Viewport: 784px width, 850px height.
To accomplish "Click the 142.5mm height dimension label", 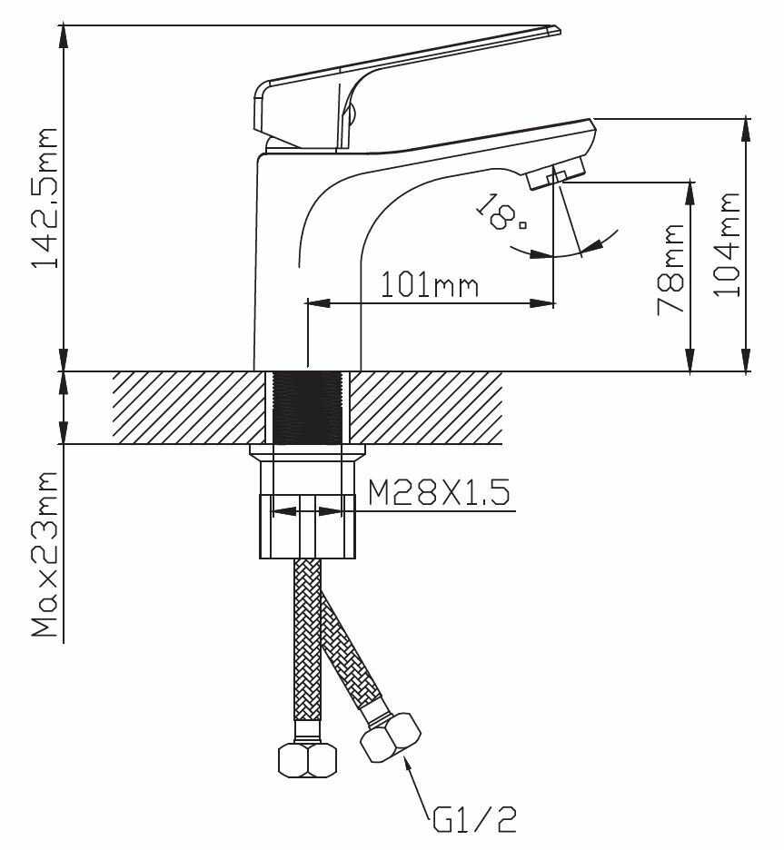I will click(45, 197).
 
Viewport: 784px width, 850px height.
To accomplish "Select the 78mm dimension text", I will click(670, 269).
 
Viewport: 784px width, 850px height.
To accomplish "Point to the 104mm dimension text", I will click(728, 242).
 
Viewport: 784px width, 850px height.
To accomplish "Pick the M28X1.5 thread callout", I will click(438, 494).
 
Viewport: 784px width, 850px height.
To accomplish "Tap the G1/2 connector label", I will click(474, 821).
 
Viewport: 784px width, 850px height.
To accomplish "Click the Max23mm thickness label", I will click(45, 554).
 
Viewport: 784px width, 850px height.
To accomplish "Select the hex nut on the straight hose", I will click(306, 759).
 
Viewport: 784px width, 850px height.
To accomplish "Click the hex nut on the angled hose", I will click(391, 736).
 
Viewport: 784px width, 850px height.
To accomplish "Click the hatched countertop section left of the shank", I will click(191, 408).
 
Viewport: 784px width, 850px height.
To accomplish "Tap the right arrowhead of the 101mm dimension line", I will click(545, 303).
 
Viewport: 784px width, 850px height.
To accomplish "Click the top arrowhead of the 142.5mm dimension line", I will click(64, 35).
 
